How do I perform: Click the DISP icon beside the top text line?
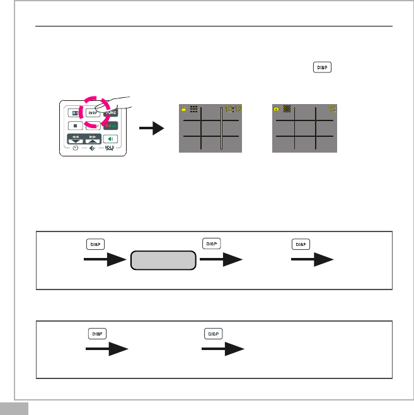[x=322, y=67]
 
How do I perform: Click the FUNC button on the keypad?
[x=111, y=114]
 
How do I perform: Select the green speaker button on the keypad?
[x=110, y=139]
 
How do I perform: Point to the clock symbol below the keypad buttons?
[x=75, y=149]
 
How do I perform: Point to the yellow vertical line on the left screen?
[x=221, y=129]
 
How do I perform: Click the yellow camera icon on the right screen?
[x=276, y=109]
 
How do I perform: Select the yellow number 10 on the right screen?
[x=332, y=110]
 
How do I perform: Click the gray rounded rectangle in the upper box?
[x=163, y=260]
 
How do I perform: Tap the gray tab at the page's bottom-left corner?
[x=14, y=408]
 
